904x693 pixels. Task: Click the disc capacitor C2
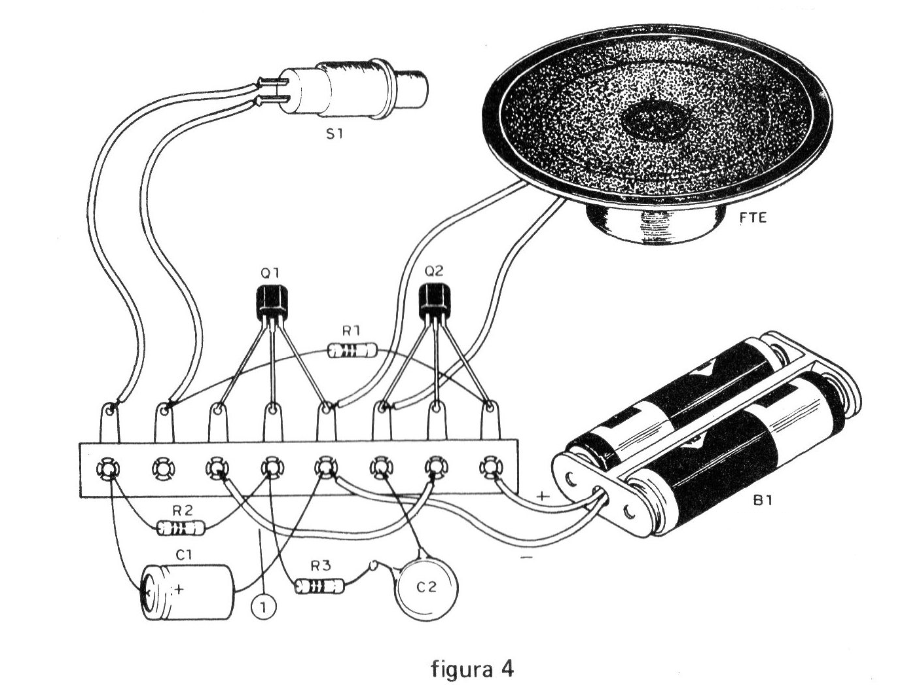pyautogui.click(x=426, y=587)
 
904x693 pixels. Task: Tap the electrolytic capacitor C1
pyautogui.click(x=188, y=592)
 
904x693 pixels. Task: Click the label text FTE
pyautogui.click(x=753, y=219)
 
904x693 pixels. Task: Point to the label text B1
pyautogui.click(x=764, y=503)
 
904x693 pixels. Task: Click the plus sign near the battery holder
pyautogui.click(x=543, y=496)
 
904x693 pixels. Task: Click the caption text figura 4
pyautogui.click(x=472, y=669)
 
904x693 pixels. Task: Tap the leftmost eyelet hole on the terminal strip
pyautogui.click(x=107, y=469)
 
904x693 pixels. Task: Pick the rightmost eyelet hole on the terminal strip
pyautogui.click(x=489, y=467)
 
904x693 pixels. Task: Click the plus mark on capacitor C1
pyautogui.click(x=178, y=589)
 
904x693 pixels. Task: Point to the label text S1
pyautogui.click(x=334, y=135)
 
